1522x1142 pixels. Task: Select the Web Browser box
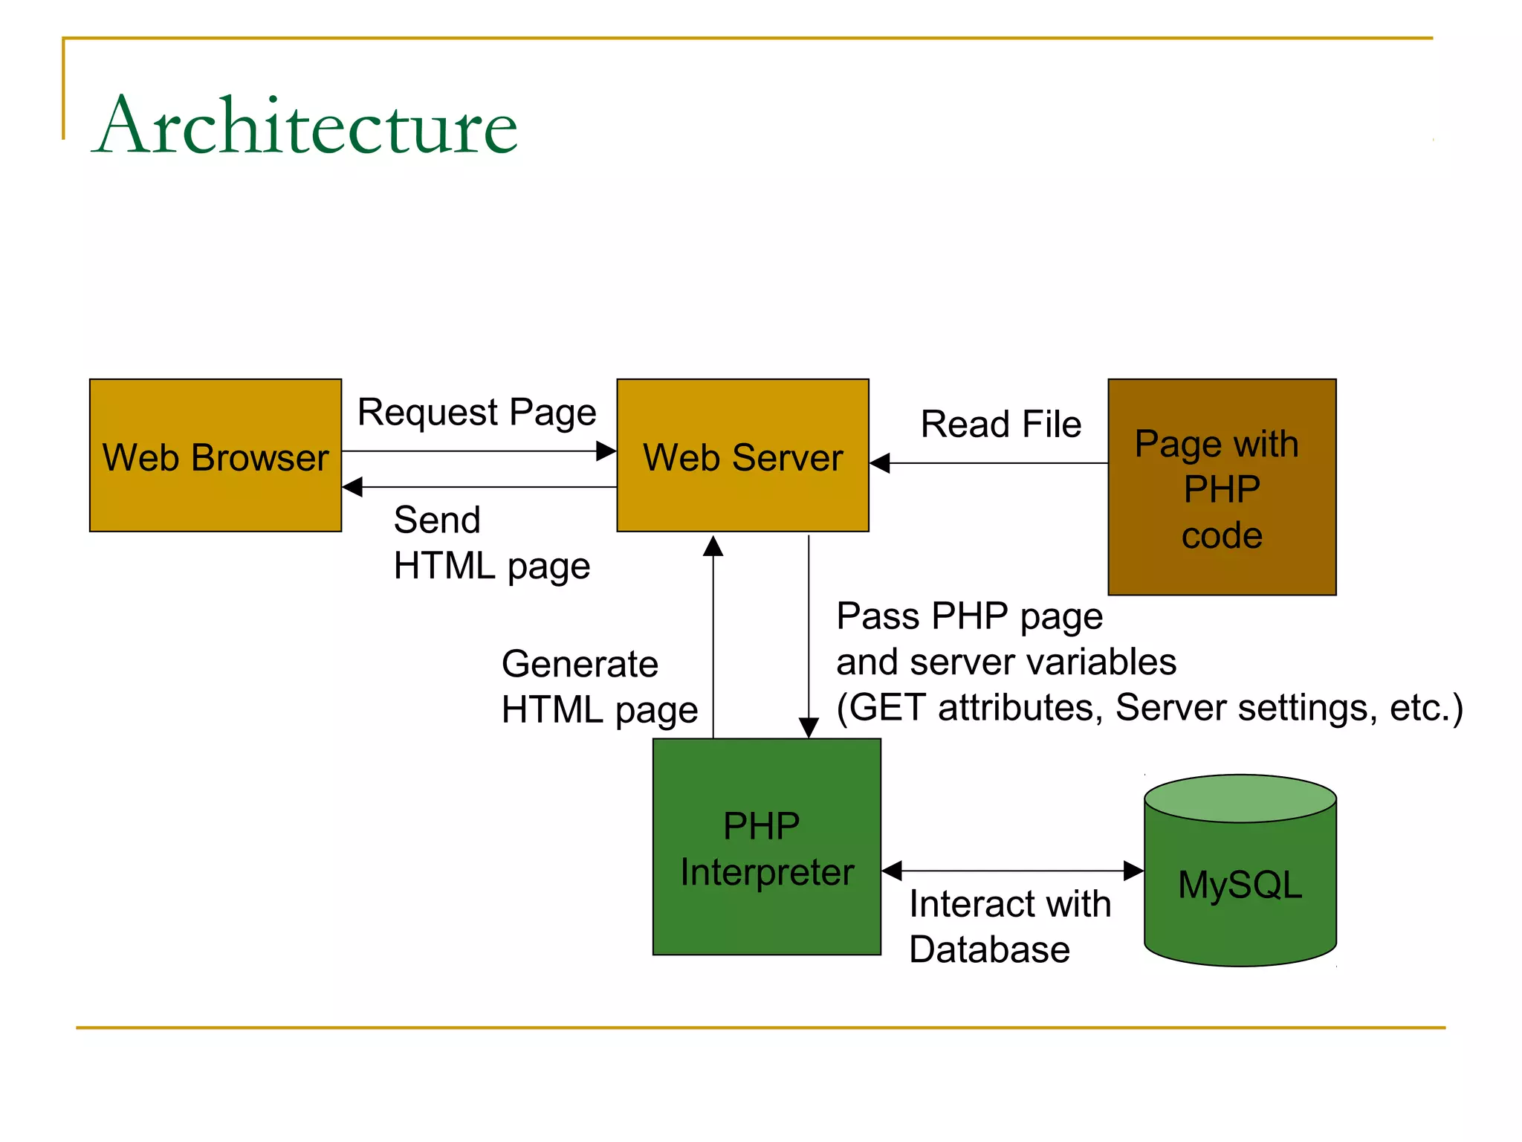point(216,456)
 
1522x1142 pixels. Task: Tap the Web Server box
point(742,456)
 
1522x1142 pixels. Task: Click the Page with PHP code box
point(1222,487)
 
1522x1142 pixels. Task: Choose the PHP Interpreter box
point(766,847)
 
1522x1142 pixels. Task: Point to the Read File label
point(1000,424)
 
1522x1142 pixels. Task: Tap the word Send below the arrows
point(437,519)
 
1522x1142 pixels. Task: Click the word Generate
point(580,663)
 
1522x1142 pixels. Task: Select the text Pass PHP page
point(969,616)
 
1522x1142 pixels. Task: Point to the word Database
point(989,949)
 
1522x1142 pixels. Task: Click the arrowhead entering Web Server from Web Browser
point(606,451)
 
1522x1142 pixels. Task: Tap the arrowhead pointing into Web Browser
point(352,487)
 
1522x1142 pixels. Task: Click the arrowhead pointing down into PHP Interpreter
point(809,727)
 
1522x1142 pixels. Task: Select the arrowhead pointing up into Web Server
point(713,546)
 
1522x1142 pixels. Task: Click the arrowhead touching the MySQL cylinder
point(1133,871)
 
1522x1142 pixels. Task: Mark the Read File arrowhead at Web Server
point(880,463)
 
